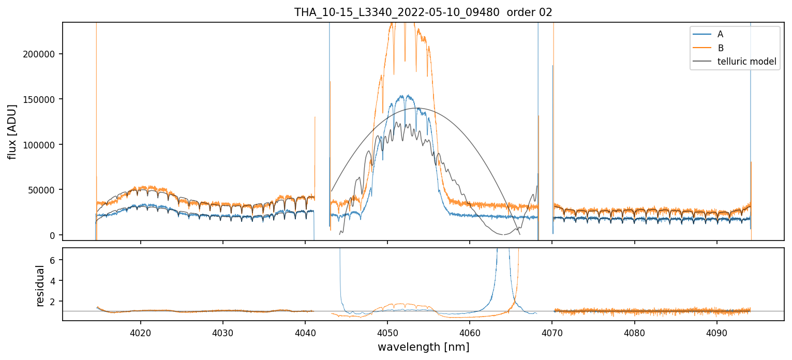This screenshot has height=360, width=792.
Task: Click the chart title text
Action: (423, 12)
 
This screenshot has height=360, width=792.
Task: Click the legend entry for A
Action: (720, 35)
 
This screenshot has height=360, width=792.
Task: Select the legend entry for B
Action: (720, 48)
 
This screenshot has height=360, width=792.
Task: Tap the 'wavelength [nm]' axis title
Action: (423, 347)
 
